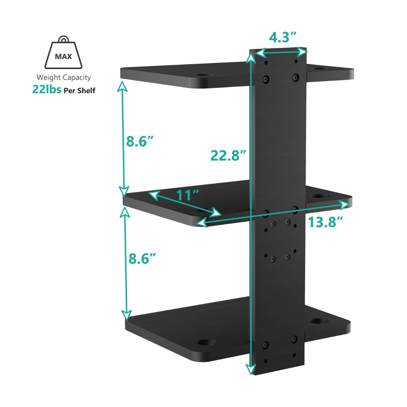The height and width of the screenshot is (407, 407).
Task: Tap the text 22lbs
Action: click(47, 90)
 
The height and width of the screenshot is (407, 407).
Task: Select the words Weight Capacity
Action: click(64, 77)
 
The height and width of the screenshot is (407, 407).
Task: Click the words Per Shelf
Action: click(80, 90)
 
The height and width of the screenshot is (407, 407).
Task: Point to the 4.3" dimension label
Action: click(283, 37)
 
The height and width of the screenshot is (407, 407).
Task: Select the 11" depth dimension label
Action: click(188, 195)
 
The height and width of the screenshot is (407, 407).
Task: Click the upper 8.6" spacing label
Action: click(139, 141)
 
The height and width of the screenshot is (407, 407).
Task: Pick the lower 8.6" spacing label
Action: click(142, 258)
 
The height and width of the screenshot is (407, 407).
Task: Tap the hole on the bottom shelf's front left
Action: click(204, 342)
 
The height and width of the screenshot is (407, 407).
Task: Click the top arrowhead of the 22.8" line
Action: click(251, 57)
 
